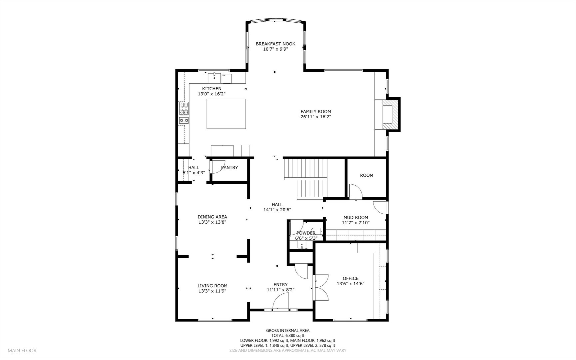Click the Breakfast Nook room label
point(275,44)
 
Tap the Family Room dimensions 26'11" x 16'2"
point(315,117)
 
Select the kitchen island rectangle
point(226,114)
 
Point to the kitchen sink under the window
point(215,78)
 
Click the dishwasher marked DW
point(227,79)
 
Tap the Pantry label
point(230,168)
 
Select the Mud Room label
point(356,218)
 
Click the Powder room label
point(306,233)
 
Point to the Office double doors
point(320,287)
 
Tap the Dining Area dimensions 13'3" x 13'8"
point(212,222)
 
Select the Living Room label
point(213,286)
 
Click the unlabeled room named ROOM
point(366,175)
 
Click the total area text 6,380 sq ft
point(295,336)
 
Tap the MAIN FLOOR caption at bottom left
point(22,350)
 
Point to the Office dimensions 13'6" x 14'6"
point(350,284)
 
